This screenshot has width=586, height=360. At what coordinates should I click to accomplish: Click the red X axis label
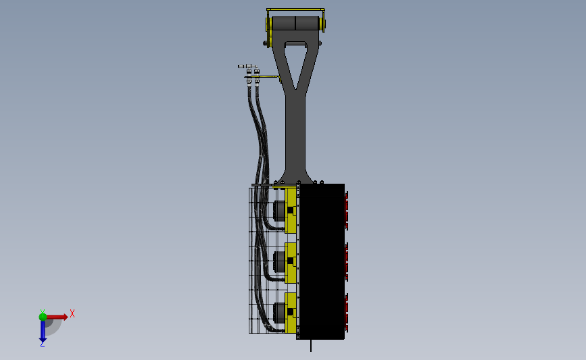(72, 313)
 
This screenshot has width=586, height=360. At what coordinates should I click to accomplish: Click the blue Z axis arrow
(43, 331)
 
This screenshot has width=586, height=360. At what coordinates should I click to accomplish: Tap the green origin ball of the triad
(43, 317)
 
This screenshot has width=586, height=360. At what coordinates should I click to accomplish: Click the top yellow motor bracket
(291, 211)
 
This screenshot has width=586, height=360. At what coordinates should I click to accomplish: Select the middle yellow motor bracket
(291, 263)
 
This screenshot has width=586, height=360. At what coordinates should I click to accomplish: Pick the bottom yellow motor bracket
(291, 313)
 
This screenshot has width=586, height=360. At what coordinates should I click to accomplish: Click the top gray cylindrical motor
(278, 211)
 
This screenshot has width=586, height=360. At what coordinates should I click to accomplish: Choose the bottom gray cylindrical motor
(278, 312)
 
